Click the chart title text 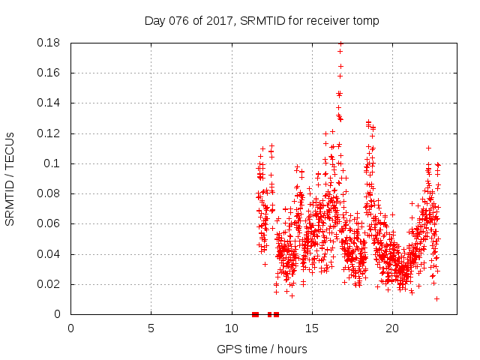(x=262, y=20)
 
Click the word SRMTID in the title (x=259, y=20)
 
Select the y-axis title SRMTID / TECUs (x=10, y=179)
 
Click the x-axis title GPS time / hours (x=262, y=349)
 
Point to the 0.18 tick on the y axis (x=51, y=43)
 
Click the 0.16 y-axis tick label (x=51, y=73)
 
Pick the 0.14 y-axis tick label (x=51, y=103)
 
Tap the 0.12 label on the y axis (x=51, y=133)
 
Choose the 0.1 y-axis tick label (x=54, y=163)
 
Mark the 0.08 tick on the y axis (x=51, y=193)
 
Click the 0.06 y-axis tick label (x=51, y=223)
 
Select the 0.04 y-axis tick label (x=51, y=254)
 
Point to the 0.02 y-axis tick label (x=51, y=284)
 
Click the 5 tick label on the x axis (x=151, y=328)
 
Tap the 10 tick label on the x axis (x=231, y=328)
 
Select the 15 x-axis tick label (x=311, y=328)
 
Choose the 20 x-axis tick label (x=391, y=328)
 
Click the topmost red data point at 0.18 (x=340, y=43)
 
